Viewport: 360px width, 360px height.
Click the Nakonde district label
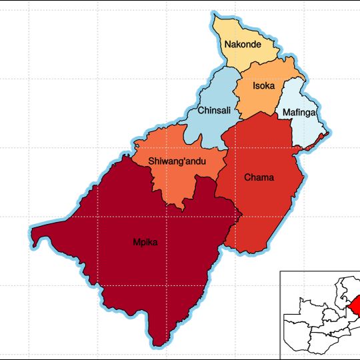[x=243, y=45]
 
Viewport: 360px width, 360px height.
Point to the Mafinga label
[x=298, y=113]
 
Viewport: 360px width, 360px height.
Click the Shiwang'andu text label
[x=177, y=161]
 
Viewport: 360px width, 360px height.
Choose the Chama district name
[x=259, y=177]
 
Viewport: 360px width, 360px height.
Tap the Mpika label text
[x=145, y=242]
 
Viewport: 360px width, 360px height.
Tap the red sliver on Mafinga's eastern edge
[x=324, y=136]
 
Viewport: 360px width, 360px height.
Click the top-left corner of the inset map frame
[x=281, y=271]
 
